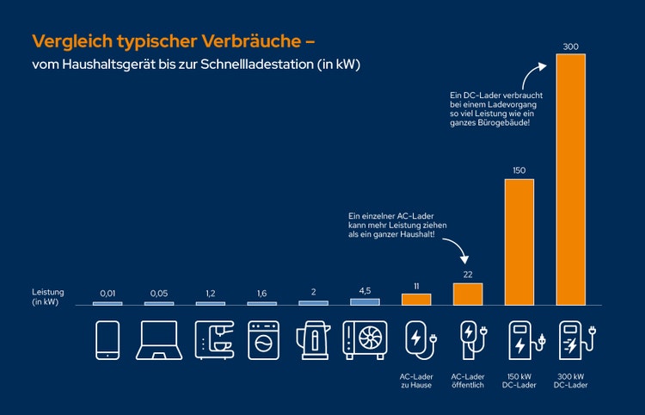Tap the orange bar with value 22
(468, 294)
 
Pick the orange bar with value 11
(416, 299)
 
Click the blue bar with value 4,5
(365, 301)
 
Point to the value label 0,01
(107, 293)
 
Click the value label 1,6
(261, 293)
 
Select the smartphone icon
(107, 340)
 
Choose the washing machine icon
(262, 340)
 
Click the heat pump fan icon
(365, 340)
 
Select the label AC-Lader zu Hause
(416, 380)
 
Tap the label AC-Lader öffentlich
(468, 380)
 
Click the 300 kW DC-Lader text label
(571, 380)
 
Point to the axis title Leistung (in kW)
(48, 297)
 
